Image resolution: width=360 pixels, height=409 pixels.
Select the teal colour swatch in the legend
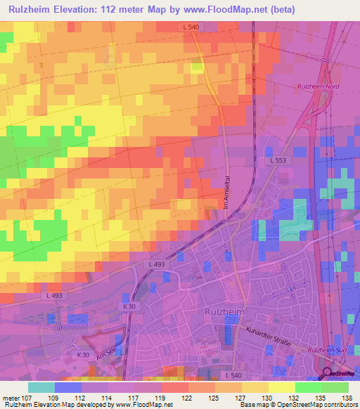point(41,387)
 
